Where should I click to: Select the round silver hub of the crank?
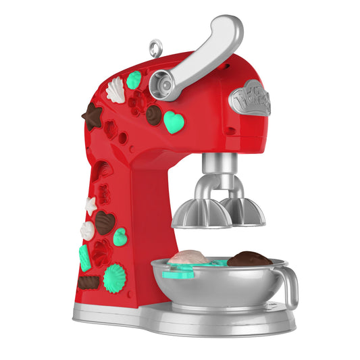[162, 82]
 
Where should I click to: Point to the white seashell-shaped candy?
[117, 90]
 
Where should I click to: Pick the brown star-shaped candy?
[92, 116]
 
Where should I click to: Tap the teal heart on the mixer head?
[174, 122]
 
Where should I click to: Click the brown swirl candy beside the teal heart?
[155, 114]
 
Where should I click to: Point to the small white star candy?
[91, 205]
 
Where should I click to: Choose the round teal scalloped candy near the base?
[114, 278]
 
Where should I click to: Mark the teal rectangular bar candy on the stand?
[85, 257]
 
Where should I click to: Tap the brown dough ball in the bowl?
[249, 259]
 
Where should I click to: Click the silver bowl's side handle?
[290, 288]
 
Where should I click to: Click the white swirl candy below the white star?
[88, 230]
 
